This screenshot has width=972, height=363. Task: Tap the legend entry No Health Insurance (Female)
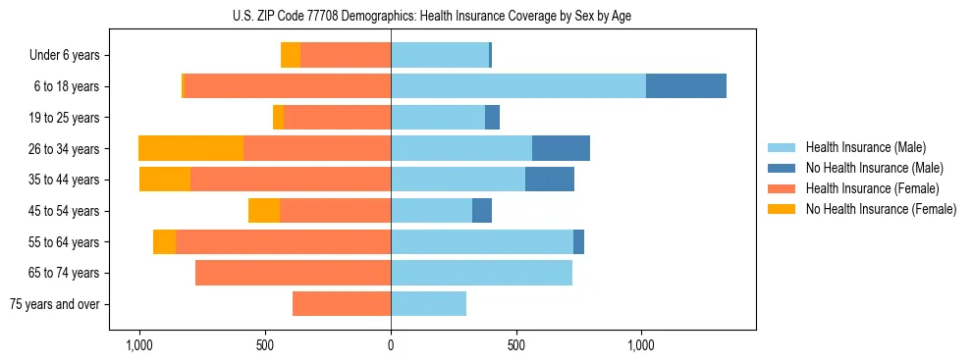coord(881,209)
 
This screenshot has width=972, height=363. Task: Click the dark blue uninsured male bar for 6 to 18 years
coord(685,86)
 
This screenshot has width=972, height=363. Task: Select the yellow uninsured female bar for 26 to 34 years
coord(190,148)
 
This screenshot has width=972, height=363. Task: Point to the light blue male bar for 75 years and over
coord(428,304)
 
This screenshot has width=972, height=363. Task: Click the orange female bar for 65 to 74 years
coord(293,273)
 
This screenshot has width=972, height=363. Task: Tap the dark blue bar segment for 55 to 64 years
coord(578,241)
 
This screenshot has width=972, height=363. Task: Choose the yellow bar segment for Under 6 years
coord(291,55)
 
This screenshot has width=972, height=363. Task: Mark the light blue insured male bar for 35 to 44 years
coord(458,180)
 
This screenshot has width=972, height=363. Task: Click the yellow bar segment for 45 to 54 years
coord(264,211)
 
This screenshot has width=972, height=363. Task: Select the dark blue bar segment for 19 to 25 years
coord(492,118)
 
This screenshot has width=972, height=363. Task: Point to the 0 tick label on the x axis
coord(391,345)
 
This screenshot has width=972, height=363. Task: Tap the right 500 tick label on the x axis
coord(516,345)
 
